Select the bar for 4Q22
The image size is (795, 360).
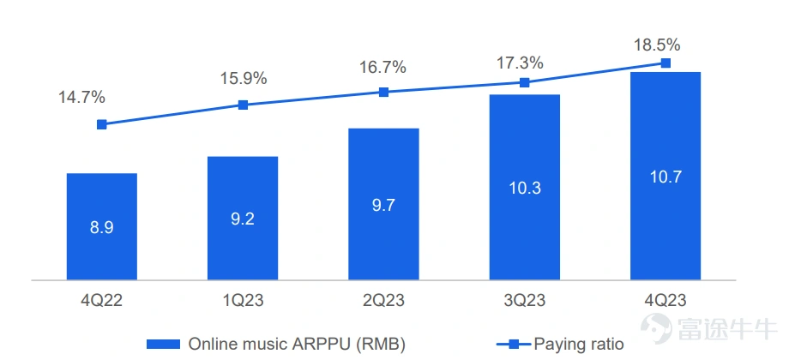coord(101,226)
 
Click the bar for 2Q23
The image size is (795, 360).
coord(383,204)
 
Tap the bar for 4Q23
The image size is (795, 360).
coord(666,176)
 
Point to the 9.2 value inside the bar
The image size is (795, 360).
coord(243,219)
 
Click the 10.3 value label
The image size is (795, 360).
coord(524,188)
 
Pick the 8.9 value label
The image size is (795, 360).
coord(101,227)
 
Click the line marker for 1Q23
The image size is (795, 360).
coord(243,105)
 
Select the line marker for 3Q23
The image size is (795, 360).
coord(525,82)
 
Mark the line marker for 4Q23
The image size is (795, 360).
coord(666,63)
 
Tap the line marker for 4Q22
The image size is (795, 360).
coord(102,125)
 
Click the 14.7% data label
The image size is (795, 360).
coord(81,98)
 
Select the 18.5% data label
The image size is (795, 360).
coord(657,45)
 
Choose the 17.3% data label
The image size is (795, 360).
coord(521,63)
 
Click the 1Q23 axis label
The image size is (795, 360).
coord(243,300)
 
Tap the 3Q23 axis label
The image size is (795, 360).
coord(524,300)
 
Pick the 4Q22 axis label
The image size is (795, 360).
coord(101,300)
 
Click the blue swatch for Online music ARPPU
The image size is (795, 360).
coord(163,345)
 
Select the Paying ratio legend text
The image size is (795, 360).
coord(579,345)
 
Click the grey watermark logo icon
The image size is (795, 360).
coord(656,328)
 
